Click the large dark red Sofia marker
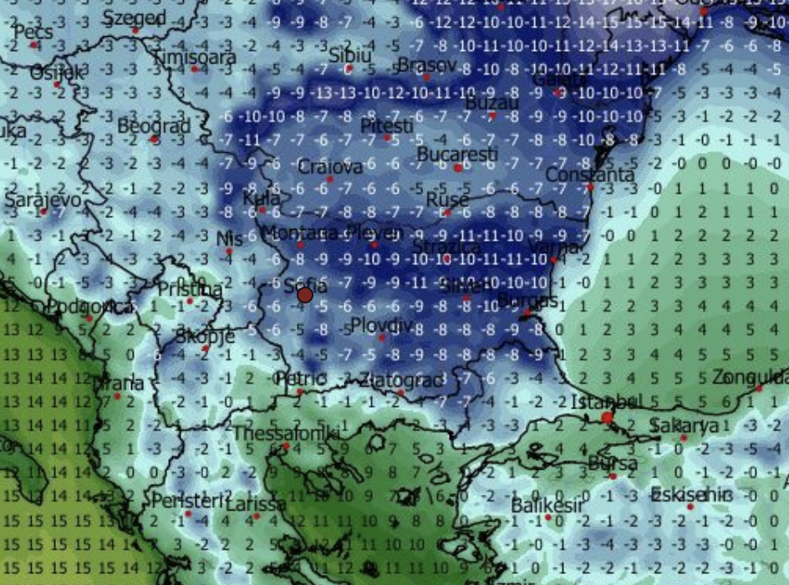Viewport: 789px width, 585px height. point(305,294)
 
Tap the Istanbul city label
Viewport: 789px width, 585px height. point(605,402)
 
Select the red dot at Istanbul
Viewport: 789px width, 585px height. point(607,417)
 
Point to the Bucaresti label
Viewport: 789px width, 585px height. point(457,155)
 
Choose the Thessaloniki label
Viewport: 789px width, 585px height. point(286,434)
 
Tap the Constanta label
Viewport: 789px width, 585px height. point(590,175)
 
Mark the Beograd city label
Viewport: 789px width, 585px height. point(154,126)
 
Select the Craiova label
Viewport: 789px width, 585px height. point(330,166)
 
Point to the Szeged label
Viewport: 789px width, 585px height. point(135,18)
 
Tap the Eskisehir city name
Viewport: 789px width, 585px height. point(690,494)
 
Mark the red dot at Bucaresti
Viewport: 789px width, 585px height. point(458,168)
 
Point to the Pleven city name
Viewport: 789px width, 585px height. point(374,231)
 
